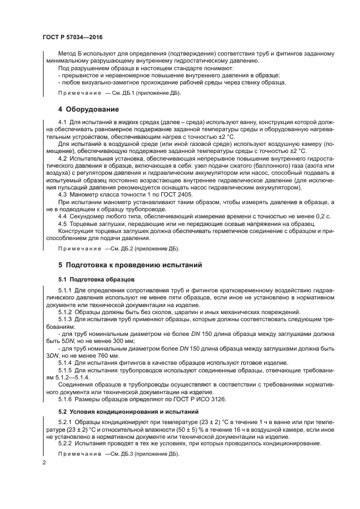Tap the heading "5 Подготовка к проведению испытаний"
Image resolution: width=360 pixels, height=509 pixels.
point(130,265)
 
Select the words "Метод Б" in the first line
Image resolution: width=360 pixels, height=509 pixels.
point(71,53)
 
